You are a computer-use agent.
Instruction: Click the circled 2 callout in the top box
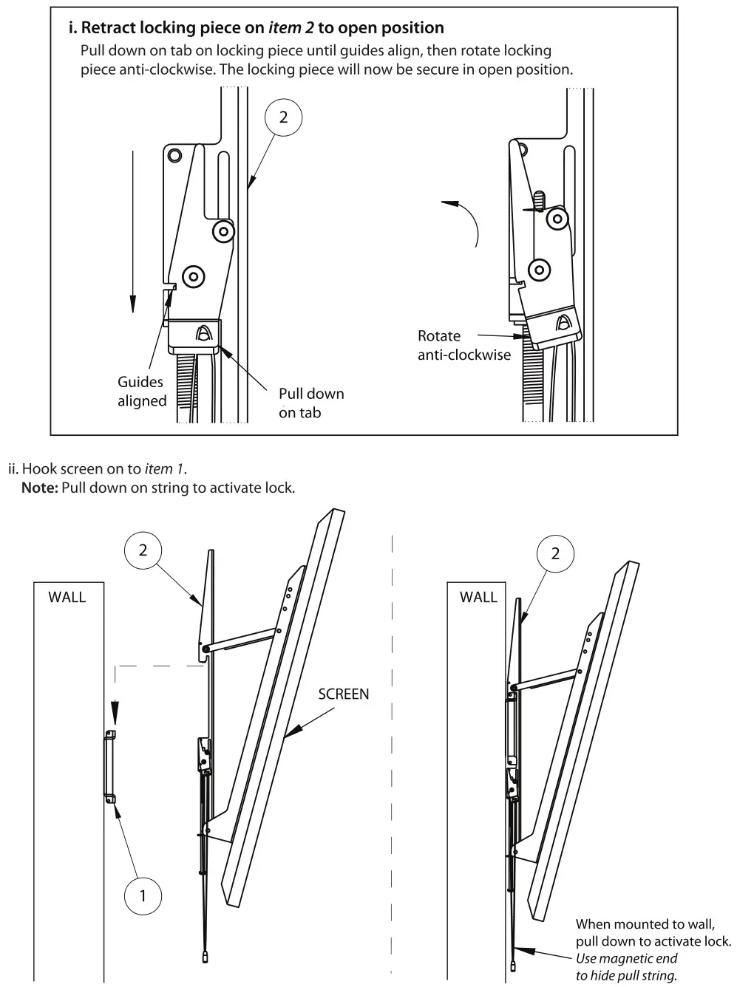click(x=283, y=117)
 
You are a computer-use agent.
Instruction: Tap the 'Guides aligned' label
click(x=141, y=392)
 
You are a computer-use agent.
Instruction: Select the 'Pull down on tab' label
click(x=310, y=403)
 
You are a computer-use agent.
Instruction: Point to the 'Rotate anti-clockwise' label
click(x=463, y=345)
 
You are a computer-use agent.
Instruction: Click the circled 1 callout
click(x=143, y=896)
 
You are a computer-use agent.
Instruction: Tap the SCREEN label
click(x=343, y=694)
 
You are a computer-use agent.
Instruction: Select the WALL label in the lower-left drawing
click(x=67, y=597)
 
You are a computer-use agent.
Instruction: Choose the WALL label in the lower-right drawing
click(x=478, y=597)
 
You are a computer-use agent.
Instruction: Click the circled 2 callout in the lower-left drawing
click(x=143, y=550)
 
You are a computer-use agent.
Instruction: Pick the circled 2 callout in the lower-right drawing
click(x=555, y=553)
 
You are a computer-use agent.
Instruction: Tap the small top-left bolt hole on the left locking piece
click(x=174, y=155)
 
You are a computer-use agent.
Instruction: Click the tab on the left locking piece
click(x=201, y=332)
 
